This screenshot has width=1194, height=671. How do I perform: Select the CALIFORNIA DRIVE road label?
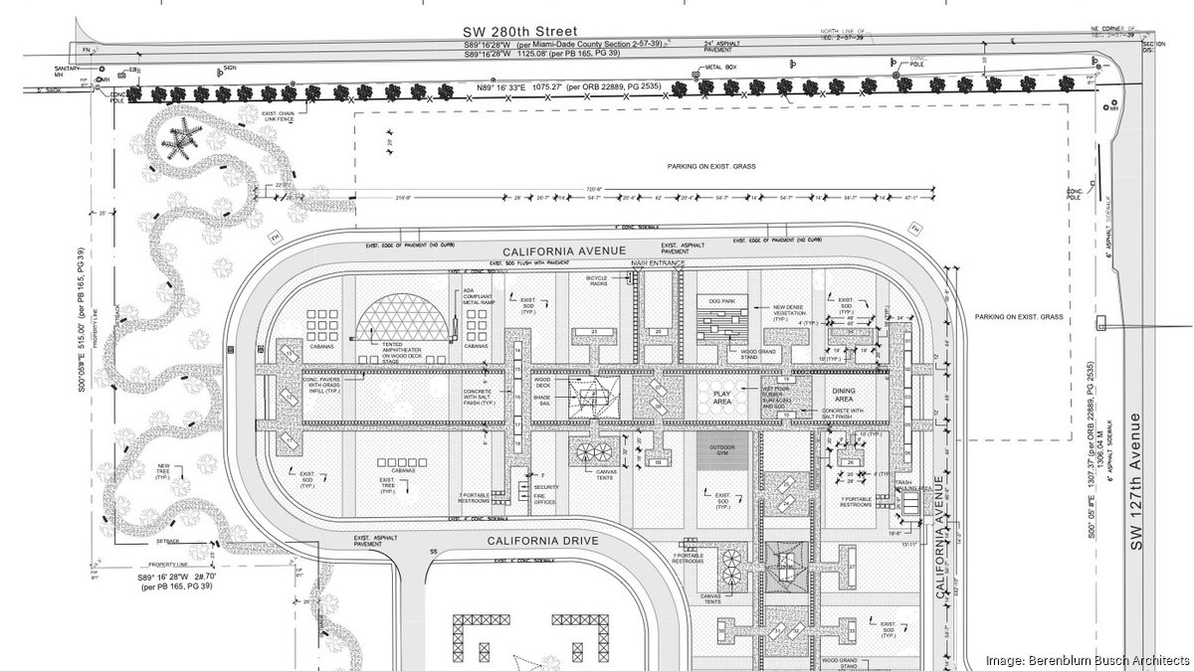tap(542, 540)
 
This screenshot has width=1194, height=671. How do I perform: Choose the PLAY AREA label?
tap(722, 397)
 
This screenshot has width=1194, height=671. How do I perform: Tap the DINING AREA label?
tap(844, 395)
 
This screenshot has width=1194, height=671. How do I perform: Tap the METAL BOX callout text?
tap(720, 68)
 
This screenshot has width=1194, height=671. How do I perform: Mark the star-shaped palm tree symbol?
tap(179, 139)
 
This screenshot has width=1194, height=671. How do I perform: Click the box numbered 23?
tap(593, 331)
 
